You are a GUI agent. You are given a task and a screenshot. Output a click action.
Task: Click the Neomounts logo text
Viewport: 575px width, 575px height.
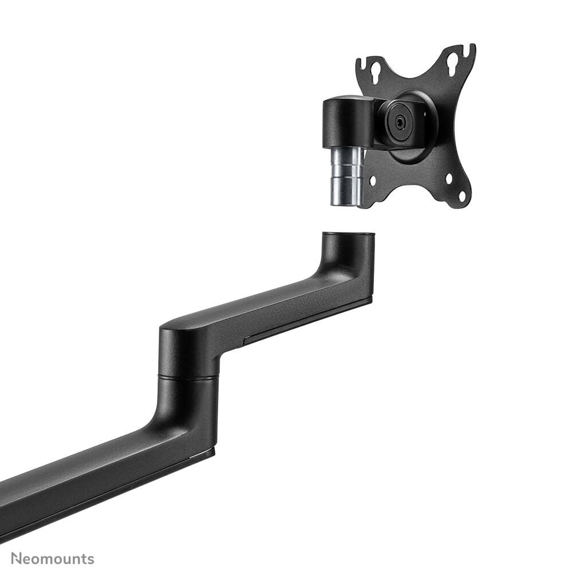[53, 558]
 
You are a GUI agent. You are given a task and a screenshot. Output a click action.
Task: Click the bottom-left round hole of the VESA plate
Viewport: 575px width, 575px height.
[373, 180]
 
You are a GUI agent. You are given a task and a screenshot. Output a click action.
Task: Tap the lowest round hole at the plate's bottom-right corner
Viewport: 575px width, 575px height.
[462, 198]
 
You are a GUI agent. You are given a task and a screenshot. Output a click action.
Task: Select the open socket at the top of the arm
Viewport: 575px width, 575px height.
[348, 235]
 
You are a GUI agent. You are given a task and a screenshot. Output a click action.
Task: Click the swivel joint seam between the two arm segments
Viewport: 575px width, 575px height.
[188, 377]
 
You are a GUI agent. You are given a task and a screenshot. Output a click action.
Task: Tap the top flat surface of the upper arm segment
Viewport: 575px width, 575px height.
[258, 304]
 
